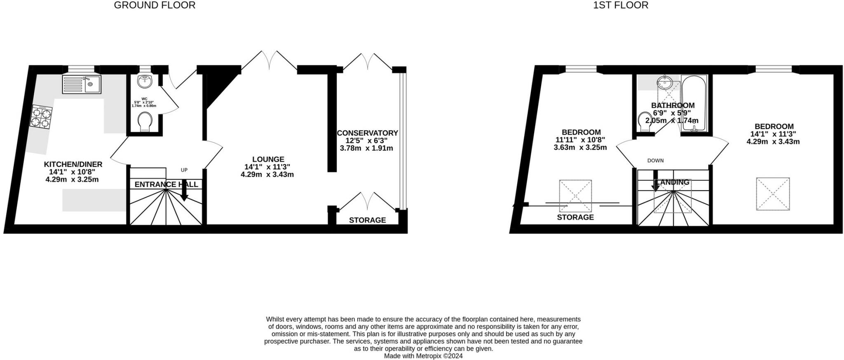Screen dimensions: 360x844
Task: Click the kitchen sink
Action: pyautogui.click(x=82, y=84)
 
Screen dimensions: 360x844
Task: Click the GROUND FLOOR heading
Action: pyautogui.click(x=155, y=5)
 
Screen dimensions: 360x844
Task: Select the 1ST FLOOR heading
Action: pyautogui.click(x=621, y=5)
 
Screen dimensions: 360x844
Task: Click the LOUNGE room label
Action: pyautogui.click(x=268, y=159)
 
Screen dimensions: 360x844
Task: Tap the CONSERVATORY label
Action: pyautogui.click(x=367, y=133)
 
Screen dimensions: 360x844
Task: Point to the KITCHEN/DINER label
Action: pyautogui.click(x=73, y=164)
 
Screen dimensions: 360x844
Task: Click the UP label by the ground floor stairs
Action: pyautogui.click(x=184, y=170)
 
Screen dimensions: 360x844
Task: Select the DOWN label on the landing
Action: pyautogui.click(x=655, y=161)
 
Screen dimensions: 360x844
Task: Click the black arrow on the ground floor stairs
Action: pyautogui.click(x=184, y=192)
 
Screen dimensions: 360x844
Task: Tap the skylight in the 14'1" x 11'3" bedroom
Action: pyautogui.click(x=773, y=194)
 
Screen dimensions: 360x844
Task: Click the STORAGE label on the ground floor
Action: pyautogui.click(x=367, y=220)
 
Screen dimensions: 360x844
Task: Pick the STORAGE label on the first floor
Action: pyautogui.click(x=575, y=217)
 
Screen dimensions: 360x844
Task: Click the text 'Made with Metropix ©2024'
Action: pyautogui.click(x=423, y=356)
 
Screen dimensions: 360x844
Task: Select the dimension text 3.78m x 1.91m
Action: pyautogui.click(x=366, y=148)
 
